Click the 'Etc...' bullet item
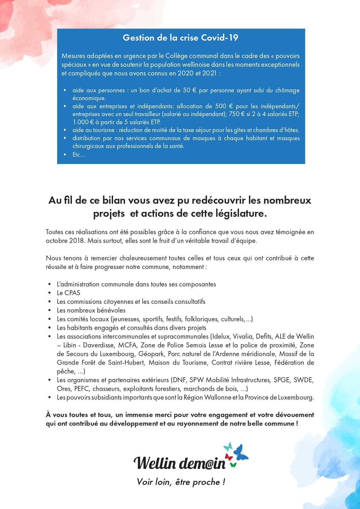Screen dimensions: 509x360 (79, 155)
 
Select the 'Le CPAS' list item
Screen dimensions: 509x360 (68, 293)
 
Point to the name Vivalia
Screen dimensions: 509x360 (245, 337)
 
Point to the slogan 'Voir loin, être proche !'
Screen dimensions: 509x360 (181, 482)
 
